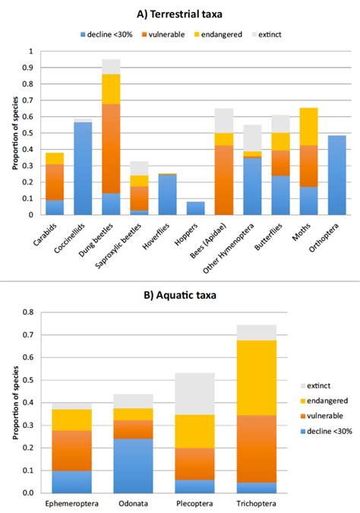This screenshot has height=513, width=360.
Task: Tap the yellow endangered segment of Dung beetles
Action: [x=112, y=89]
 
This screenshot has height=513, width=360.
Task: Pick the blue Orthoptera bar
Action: [x=336, y=175]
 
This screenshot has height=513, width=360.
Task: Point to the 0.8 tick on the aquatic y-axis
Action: [x=30, y=312]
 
